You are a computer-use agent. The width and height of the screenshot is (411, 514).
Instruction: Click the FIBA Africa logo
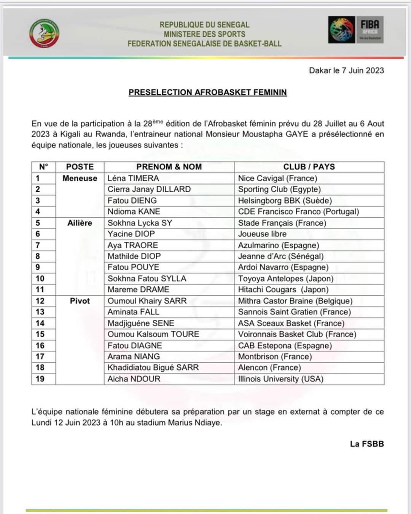click(x=355, y=29)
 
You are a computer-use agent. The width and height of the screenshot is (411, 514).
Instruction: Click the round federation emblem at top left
click(x=45, y=34)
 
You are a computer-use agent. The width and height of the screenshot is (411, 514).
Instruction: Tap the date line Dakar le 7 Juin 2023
click(x=346, y=70)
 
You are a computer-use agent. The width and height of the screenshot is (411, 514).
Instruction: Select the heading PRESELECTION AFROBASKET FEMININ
click(x=207, y=92)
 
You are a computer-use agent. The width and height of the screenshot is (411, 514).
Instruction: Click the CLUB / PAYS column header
click(x=309, y=167)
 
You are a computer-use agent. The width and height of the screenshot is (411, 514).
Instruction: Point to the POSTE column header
click(x=80, y=167)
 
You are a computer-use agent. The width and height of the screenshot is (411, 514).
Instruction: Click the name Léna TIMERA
click(x=133, y=178)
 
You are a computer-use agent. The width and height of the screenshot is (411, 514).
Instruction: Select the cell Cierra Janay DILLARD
click(x=149, y=189)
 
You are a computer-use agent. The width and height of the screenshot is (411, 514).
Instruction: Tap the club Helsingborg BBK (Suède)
click(x=285, y=200)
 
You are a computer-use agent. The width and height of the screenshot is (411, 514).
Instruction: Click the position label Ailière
click(x=80, y=223)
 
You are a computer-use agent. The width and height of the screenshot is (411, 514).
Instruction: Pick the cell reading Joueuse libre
click(x=262, y=234)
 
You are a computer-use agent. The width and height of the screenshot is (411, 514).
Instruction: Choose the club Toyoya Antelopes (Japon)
click(x=285, y=278)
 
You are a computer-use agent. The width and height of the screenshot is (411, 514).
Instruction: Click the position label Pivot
click(x=80, y=301)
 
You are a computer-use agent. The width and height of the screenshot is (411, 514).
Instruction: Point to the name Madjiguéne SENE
click(x=141, y=323)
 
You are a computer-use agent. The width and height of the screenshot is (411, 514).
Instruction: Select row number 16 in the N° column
click(x=40, y=345)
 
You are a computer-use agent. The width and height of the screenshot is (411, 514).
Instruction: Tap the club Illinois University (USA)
click(x=280, y=379)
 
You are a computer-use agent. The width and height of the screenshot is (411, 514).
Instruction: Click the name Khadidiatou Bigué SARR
click(x=153, y=367)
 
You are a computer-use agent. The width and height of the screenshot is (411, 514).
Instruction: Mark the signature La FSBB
click(x=367, y=444)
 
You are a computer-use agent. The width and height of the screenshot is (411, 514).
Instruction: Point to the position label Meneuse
click(x=80, y=178)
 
